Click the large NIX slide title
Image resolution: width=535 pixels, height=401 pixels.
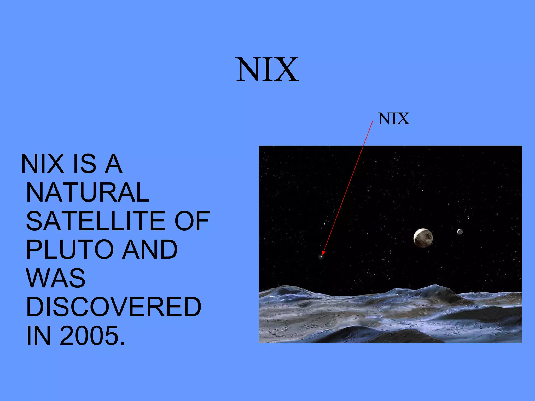[267, 70]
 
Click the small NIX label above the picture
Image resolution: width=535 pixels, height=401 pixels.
[393, 119]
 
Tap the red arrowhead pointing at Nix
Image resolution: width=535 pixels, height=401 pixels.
[323, 252]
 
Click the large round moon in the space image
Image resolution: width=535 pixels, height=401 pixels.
[423, 238]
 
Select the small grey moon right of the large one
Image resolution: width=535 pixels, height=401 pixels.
[460, 232]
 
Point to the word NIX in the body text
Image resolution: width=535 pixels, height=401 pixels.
[43, 164]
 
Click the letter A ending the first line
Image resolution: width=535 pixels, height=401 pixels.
[113, 164]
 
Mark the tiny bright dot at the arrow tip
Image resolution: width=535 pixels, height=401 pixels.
[321, 257]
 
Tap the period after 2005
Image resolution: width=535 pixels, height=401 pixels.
[123, 344]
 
